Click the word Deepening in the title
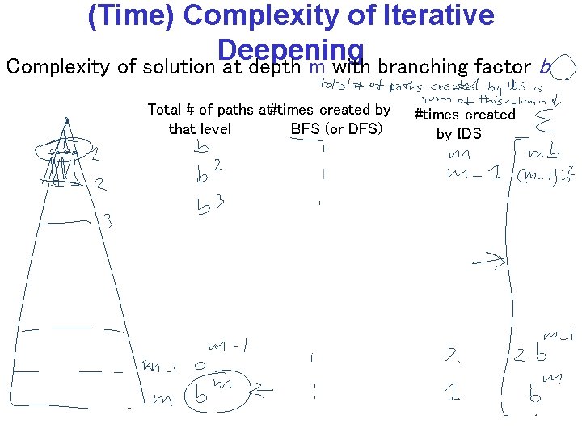(290, 48)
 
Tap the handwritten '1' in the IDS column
(453, 393)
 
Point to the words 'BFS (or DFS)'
(335, 129)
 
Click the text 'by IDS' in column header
(458, 134)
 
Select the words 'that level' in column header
(200, 129)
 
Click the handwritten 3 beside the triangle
(107, 219)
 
